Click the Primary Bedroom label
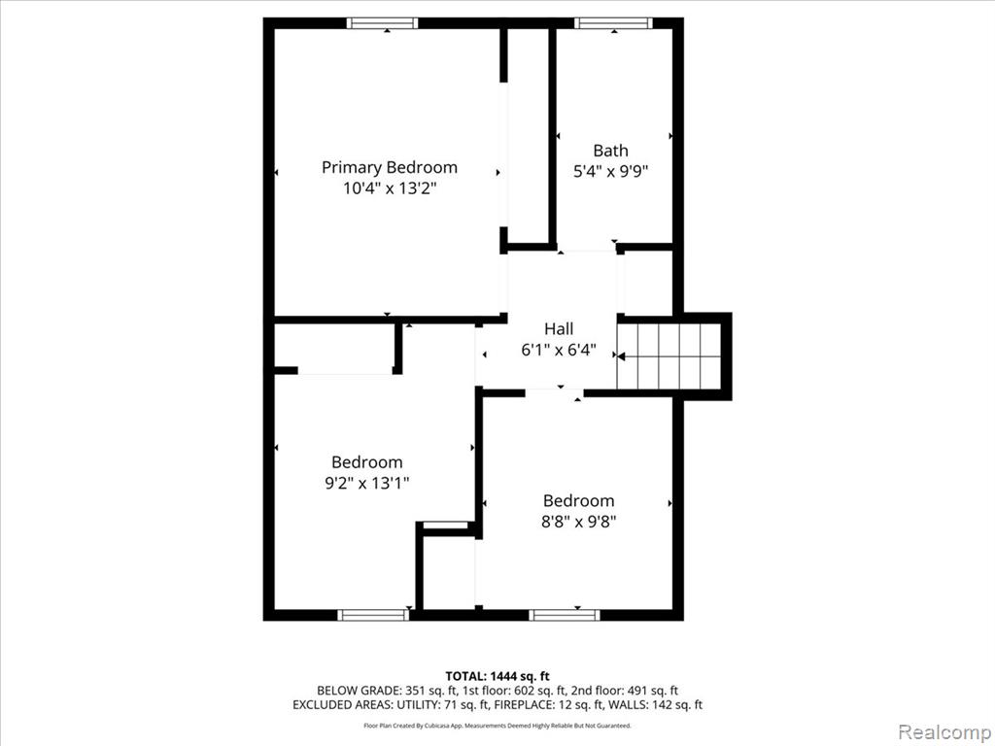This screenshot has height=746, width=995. point(389,167)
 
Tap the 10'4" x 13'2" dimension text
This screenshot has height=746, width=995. point(390,188)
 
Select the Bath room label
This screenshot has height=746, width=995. point(610,151)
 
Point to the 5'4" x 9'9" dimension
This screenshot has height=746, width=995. point(610,171)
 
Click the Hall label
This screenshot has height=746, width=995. point(559,328)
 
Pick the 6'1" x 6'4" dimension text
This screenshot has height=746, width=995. point(559,350)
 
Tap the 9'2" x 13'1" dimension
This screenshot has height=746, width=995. point(366,484)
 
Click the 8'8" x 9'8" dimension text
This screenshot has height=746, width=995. point(579,522)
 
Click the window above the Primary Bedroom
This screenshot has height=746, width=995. point(382,23)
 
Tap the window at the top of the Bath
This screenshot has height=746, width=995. point(613,23)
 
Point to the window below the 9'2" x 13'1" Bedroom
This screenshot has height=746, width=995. point(373,615)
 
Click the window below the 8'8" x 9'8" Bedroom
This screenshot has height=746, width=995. point(565,615)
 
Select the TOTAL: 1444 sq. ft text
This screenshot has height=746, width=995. point(497,676)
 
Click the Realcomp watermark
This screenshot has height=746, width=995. point(944,732)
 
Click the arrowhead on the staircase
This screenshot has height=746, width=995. point(621,356)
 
